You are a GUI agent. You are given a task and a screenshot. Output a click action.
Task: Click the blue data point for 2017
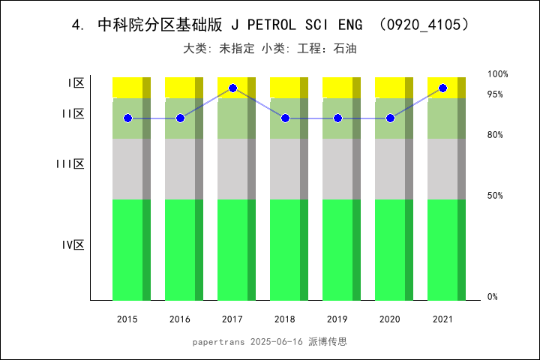pos(232,88)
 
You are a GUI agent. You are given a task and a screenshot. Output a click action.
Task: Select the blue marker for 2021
pos(442,88)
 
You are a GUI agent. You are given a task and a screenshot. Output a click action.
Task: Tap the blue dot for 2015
pos(127,118)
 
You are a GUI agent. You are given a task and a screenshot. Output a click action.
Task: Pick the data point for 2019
pos(337,118)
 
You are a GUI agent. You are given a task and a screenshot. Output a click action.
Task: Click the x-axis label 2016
pos(180,319)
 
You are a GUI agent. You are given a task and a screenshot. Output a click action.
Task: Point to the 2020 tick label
pos(390,319)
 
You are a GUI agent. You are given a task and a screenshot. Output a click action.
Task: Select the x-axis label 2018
pos(285,319)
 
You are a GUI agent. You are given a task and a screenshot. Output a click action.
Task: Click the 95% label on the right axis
pos(495,94)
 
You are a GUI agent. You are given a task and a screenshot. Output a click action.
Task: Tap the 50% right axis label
pos(495,196)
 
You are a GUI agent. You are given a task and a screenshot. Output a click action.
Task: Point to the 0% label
pos(493,297)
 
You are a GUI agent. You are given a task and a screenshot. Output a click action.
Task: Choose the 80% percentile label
pos(495,135)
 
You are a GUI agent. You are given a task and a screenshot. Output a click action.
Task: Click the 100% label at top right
pos(497,74)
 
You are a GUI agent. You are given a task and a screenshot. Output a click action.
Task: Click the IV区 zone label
pos(73,245)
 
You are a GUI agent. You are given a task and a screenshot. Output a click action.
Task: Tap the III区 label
pos(70,164)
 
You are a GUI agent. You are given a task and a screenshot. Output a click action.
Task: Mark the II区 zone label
pos(73,114)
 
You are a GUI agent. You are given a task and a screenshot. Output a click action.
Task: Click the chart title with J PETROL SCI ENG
pos(270,25)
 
